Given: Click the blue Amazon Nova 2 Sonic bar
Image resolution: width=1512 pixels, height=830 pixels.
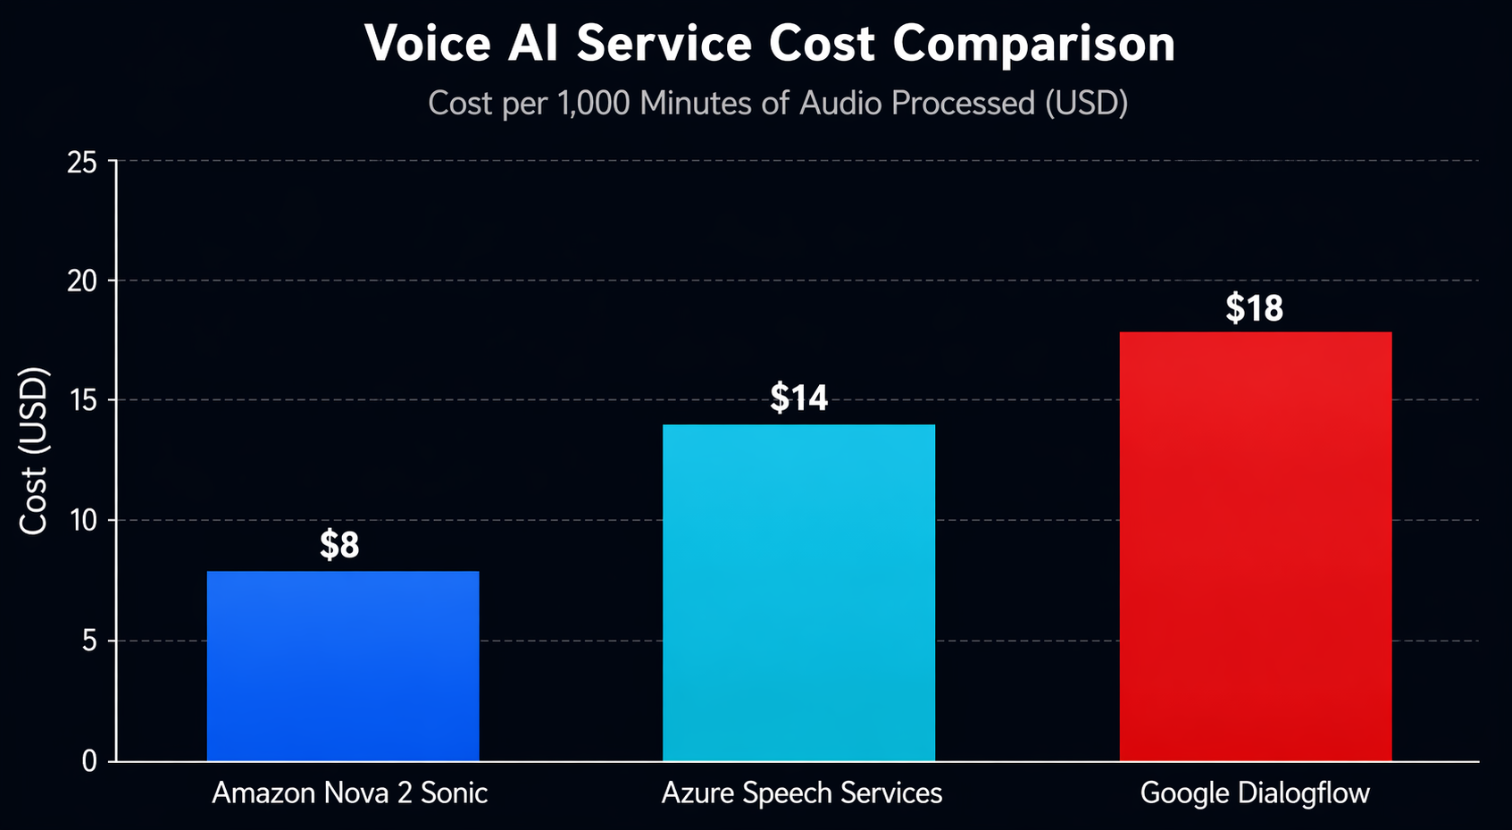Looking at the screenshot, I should coord(343,667).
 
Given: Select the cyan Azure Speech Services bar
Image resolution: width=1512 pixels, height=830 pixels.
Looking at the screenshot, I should coord(798,593).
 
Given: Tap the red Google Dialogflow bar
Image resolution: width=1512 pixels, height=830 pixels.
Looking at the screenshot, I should coord(1255,547).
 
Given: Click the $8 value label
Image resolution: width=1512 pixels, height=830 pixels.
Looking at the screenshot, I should coord(339,545).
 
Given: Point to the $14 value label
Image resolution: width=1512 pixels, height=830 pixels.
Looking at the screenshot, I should coord(798,398).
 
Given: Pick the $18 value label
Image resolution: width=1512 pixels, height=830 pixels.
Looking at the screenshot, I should coord(1254,308).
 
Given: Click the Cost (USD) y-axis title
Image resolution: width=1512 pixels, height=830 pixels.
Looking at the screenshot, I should coord(34,451).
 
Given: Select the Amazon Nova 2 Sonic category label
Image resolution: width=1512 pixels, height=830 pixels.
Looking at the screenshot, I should coord(349,793).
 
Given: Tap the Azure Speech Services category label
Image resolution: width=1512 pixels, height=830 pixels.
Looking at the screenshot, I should coord(801,793).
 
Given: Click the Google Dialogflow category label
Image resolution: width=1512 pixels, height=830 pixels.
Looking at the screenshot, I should coord(1255,793).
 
